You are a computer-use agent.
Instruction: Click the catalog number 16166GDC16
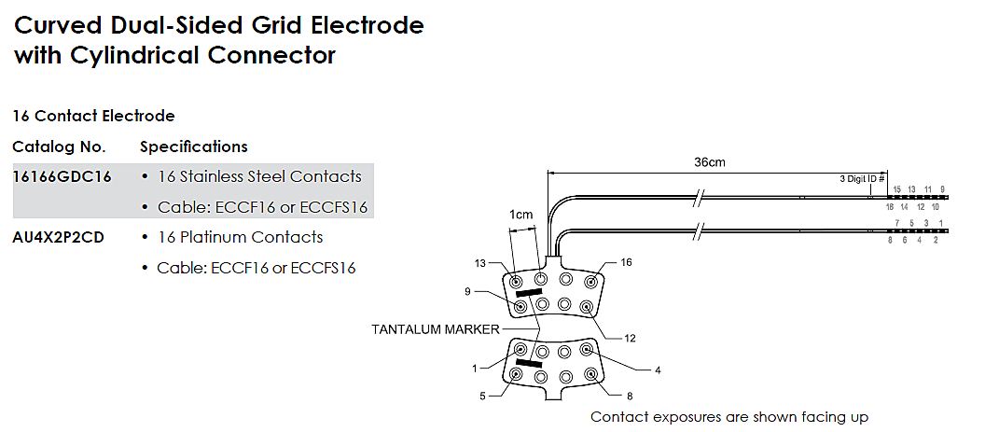[62, 176]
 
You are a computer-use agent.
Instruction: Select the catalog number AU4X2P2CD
[58, 237]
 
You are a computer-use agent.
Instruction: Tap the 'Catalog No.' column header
[59, 146]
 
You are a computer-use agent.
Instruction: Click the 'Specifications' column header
[193, 146]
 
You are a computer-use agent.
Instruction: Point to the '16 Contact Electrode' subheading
[93, 117]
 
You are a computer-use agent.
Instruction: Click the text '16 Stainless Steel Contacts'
[259, 176]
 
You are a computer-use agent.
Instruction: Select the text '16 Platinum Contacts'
[240, 237]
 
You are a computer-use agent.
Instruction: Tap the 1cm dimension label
[520, 215]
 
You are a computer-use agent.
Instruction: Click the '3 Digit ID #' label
[862, 178]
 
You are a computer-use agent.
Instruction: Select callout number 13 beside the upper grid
[480, 264]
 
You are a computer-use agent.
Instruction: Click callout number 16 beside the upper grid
[626, 263]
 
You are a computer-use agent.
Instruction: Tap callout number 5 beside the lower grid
[483, 396]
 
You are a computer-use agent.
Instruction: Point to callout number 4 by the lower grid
[657, 370]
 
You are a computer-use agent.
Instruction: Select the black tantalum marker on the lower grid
[529, 363]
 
